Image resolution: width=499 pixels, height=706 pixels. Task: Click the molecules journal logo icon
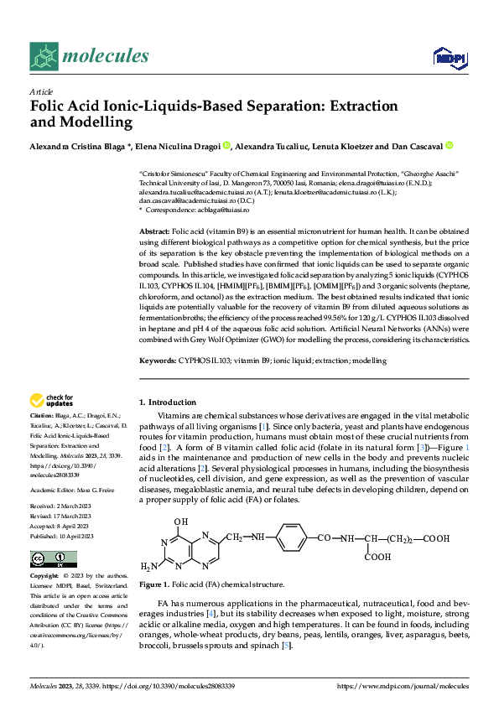point(43,56)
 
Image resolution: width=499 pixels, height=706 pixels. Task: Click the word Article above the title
point(41,91)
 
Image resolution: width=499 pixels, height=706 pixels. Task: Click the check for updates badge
point(52,400)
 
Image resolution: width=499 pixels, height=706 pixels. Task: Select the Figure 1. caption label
point(154,584)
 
